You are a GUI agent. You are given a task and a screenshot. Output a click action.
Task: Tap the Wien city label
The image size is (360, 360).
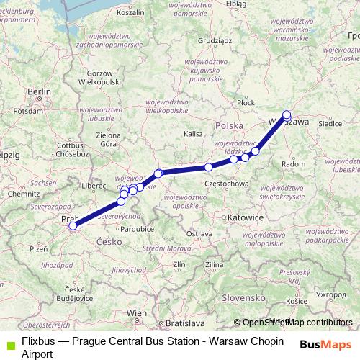pyautogui.click(x=136, y=312)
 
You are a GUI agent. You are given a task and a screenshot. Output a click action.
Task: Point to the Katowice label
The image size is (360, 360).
pyautogui.click(x=243, y=215)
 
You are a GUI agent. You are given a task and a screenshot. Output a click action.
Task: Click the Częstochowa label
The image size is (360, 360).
pyautogui.click(x=227, y=184)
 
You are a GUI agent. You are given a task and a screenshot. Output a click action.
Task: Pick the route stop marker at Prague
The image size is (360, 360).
pyautogui.click(x=72, y=226)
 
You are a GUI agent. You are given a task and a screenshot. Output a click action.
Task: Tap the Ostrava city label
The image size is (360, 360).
pyautogui.click(x=199, y=234)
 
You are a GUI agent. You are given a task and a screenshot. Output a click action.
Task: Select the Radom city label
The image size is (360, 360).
pyautogui.click(x=294, y=164)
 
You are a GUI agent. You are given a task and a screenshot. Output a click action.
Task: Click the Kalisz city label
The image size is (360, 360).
pyautogui.click(x=193, y=134)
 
